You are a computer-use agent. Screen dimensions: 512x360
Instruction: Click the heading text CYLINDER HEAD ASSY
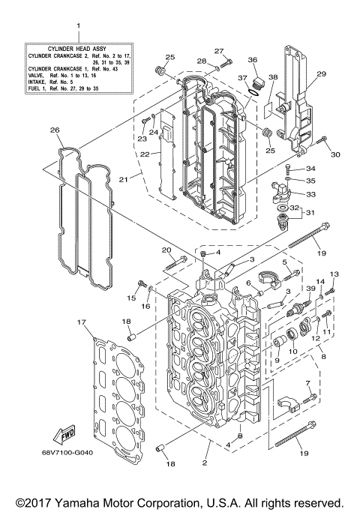click(79, 46)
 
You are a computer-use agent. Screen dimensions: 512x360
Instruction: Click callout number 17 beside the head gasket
click(80, 323)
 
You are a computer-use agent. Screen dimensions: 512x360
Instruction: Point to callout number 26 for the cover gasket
click(55, 130)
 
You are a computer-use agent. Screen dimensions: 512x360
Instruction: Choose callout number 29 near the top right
click(322, 74)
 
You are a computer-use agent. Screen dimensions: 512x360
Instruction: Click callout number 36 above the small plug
click(253, 61)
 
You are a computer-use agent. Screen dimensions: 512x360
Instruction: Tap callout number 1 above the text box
click(78, 27)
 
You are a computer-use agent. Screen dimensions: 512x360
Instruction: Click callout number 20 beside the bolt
click(166, 250)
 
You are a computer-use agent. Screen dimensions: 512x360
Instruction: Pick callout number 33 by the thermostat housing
click(311, 194)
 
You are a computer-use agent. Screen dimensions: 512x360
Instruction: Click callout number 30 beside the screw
click(335, 155)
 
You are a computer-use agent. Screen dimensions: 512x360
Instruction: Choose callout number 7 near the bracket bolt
click(307, 383)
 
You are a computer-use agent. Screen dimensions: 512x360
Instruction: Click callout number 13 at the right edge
click(334, 274)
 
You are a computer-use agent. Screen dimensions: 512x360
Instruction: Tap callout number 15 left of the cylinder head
click(132, 298)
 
